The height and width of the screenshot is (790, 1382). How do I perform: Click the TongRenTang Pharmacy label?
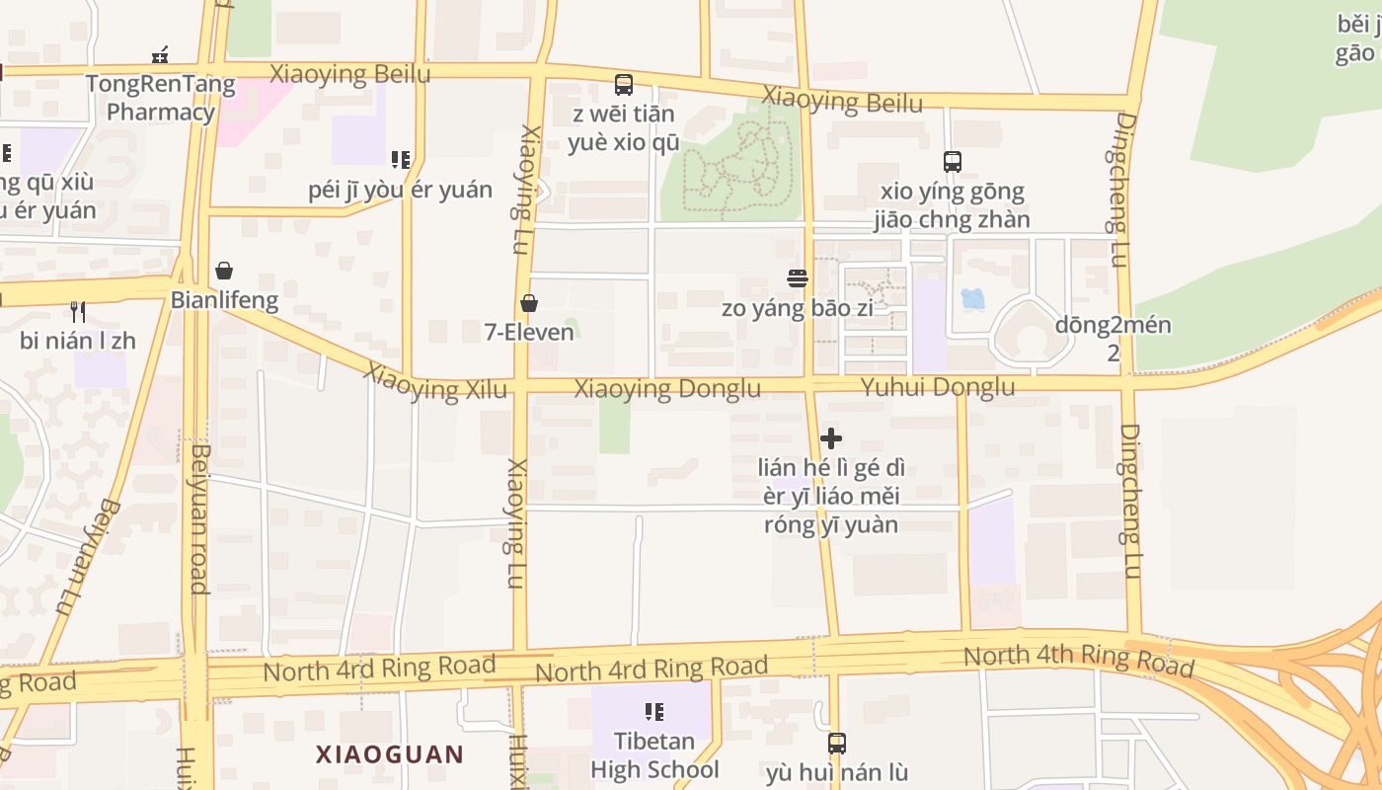[x=160, y=98]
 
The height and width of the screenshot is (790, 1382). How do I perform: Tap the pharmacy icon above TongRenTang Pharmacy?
[x=160, y=55]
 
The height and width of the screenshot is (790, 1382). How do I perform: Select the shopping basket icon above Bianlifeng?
[x=224, y=271]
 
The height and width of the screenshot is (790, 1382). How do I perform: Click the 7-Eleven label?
[x=529, y=332]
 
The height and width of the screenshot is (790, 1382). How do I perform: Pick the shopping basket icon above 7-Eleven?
[x=529, y=303]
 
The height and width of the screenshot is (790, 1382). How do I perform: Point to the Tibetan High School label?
[x=654, y=755]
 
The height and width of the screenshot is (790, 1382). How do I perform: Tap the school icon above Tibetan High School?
[x=653, y=711]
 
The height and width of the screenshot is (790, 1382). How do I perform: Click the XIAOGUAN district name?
[x=389, y=755]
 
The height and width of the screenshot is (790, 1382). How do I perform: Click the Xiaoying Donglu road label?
[x=667, y=389]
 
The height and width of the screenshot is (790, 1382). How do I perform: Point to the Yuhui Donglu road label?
[x=937, y=387]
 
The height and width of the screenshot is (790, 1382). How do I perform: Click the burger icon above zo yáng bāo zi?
[x=798, y=278]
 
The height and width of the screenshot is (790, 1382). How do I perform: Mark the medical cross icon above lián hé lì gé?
[x=831, y=438]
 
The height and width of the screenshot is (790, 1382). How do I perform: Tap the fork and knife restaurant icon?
[x=78, y=312]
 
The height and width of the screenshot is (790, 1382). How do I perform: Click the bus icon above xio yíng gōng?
[x=953, y=162]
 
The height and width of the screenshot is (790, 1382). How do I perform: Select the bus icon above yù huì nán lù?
[x=837, y=743]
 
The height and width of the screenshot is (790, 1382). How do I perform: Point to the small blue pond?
[x=972, y=297]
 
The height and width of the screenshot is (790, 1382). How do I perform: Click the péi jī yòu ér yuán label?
[x=400, y=190]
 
